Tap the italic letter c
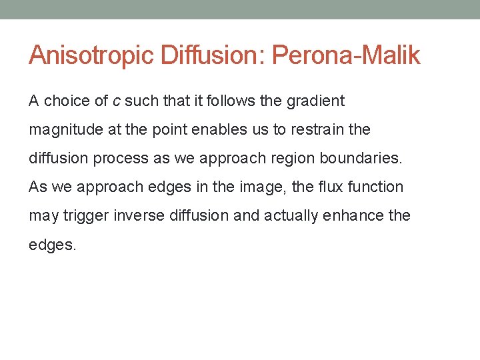coord(116,101)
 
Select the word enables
coord(215,130)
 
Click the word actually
coord(291,216)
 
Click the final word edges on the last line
coord(53,245)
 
